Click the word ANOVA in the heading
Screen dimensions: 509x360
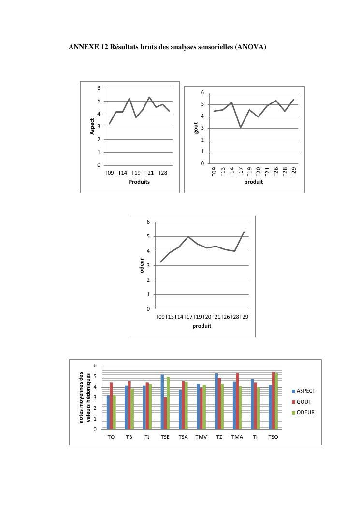coord(249,47)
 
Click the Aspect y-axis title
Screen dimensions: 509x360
coord(92,127)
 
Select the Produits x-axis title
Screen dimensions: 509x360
coord(139,182)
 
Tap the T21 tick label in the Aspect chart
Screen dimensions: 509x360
coord(149,173)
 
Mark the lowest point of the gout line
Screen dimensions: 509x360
coord(241,127)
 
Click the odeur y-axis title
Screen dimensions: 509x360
coord(142,265)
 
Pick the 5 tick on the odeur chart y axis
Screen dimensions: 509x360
coord(148,236)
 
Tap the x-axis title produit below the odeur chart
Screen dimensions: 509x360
coord(202,326)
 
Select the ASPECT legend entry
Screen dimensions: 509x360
coord(305,391)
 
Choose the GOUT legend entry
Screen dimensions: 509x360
coord(303,402)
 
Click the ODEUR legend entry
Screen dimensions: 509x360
coord(305,412)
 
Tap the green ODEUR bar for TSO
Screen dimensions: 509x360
coord(276,401)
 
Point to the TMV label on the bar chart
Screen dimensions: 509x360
coord(201,437)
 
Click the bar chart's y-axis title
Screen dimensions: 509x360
coord(85,397)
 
